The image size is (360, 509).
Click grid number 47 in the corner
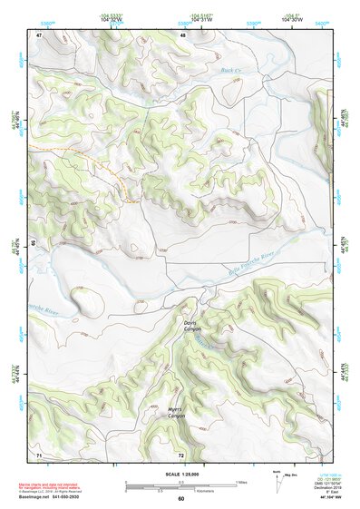tap(39, 35)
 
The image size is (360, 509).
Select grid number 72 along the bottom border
tap(181, 454)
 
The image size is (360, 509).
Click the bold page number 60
tap(180, 498)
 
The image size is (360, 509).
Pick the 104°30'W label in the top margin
tap(291, 20)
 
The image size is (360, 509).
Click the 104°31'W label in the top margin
tap(202, 20)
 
